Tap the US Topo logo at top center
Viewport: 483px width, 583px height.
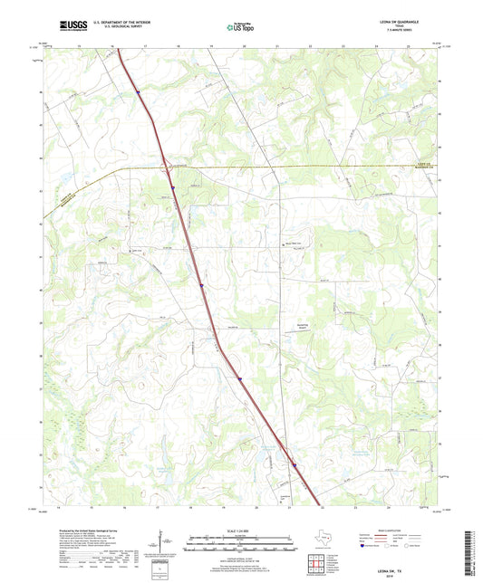[x=240, y=28]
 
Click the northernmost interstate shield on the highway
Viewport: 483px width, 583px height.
[x=139, y=92]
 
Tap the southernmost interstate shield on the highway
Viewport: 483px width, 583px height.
[x=295, y=466]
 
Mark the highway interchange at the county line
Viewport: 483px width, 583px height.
[x=164, y=167]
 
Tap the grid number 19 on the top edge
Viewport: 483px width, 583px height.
[x=211, y=45]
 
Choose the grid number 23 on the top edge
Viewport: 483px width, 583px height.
[x=343, y=45]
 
